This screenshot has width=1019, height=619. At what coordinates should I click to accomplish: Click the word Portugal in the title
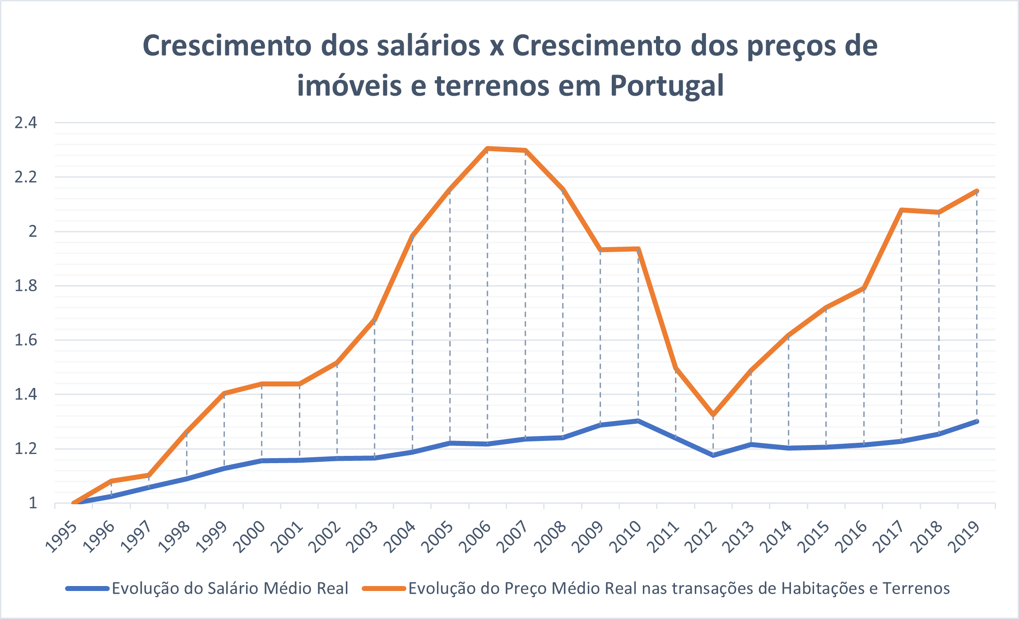point(667,85)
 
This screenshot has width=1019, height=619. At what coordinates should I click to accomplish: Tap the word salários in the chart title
point(428,46)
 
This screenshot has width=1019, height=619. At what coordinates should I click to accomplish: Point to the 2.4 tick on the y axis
point(26,122)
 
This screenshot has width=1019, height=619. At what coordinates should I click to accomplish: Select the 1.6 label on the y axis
point(26,340)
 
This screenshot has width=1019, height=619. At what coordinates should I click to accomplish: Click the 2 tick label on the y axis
point(33,231)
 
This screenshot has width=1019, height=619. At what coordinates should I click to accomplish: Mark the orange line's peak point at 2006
point(488,148)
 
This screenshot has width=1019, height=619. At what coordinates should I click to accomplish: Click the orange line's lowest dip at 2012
point(713,414)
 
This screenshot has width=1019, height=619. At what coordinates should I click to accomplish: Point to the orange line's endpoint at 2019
point(977,191)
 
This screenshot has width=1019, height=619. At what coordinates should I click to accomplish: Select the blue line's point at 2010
point(638,421)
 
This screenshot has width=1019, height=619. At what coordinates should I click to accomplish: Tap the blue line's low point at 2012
point(713,455)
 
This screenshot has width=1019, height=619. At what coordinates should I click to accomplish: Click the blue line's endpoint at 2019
point(977,421)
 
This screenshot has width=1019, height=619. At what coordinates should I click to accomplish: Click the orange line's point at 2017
point(901,210)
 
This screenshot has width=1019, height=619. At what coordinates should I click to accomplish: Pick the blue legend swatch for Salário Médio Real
point(88,588)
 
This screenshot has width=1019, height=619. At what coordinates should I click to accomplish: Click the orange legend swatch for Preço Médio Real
point(384,588)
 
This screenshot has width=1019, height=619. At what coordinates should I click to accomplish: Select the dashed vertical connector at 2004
point(413,343)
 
